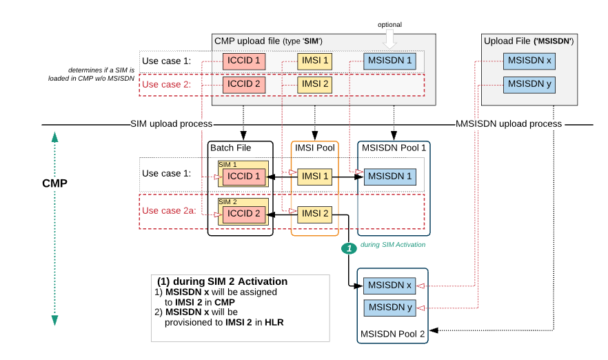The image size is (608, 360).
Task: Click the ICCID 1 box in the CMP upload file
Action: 243,61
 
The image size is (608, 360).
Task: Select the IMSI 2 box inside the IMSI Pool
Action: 314,213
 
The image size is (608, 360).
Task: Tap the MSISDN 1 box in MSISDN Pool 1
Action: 391,177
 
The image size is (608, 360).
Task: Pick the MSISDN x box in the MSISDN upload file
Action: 529,61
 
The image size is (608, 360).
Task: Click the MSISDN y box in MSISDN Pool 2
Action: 391,308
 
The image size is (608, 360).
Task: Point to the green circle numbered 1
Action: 349,248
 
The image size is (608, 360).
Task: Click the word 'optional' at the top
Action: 389,25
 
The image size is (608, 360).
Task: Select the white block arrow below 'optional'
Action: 389,39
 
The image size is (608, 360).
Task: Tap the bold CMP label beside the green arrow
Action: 55,184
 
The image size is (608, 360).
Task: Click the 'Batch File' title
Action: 230,148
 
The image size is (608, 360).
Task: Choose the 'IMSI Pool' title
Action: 314,148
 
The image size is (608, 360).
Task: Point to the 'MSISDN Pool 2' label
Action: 391,334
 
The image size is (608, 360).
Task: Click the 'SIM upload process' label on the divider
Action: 171,124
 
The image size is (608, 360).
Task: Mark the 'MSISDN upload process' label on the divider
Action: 509,124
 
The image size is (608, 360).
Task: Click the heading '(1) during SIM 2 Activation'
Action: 222,282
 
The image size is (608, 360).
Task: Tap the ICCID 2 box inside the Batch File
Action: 243,213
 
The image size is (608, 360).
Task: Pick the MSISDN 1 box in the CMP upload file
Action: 391,61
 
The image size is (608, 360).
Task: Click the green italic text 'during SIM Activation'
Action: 393,245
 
